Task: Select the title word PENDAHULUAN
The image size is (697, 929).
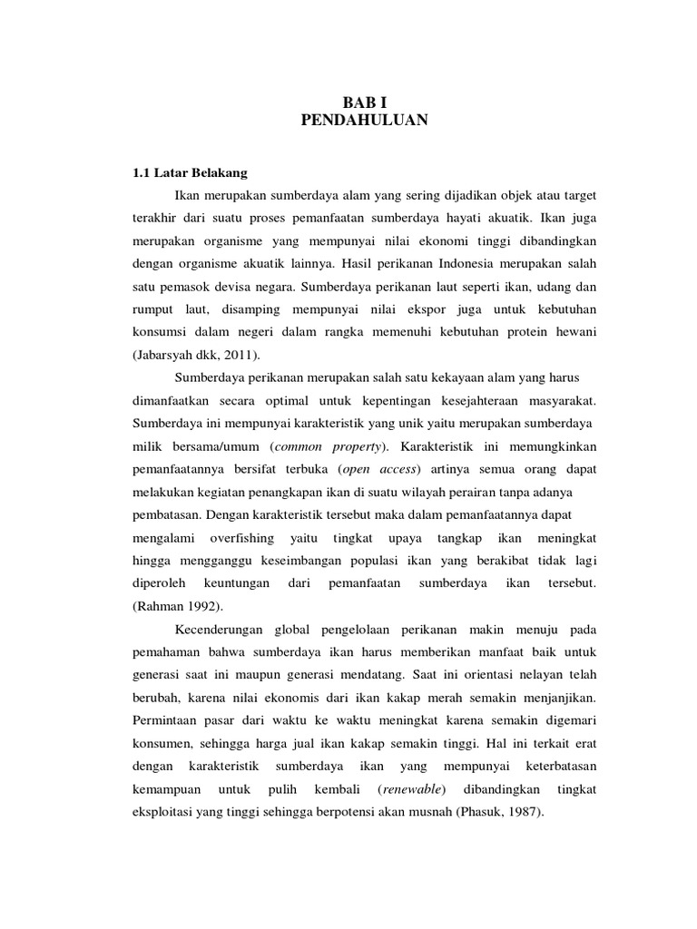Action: click(x=363, y=119)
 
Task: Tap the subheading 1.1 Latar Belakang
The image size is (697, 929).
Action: click(x=184, y=171)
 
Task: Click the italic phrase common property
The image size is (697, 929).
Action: click(x=330, y=446)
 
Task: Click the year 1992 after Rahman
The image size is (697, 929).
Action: click(x=207, y=606)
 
